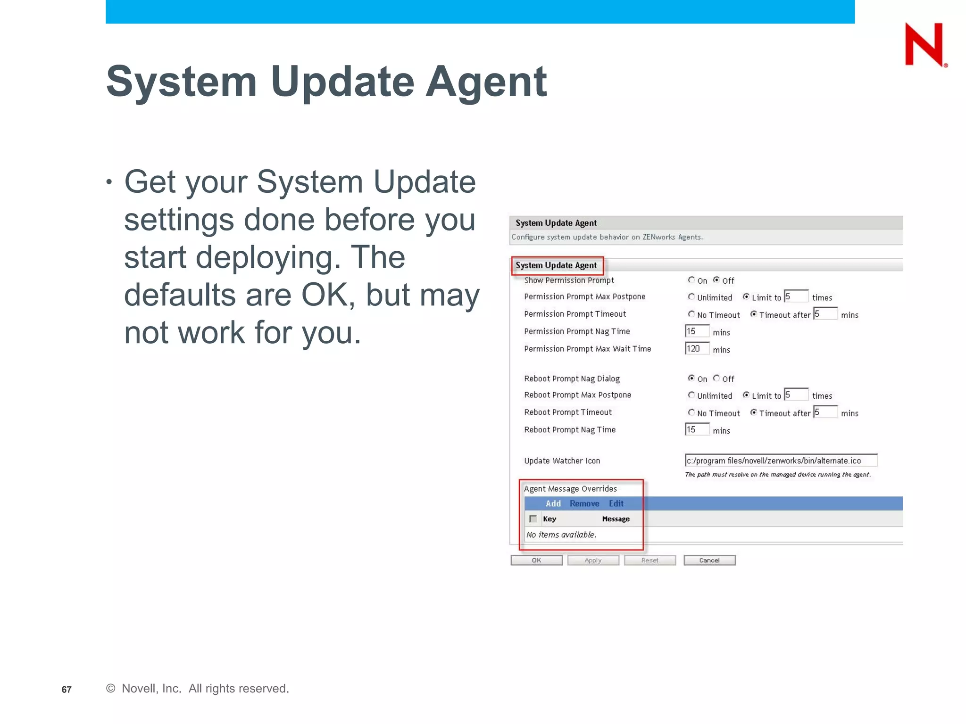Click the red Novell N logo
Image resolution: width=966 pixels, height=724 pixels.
point(924,44)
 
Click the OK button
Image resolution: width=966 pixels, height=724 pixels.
point(536,560)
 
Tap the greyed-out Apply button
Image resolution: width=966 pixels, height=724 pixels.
point(593,560)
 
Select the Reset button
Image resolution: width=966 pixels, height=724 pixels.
point(650,560)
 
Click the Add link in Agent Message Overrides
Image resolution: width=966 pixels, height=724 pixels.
point(553,503)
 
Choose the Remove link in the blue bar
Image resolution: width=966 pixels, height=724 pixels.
point(584,503)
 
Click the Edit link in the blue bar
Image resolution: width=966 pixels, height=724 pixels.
point(616,503)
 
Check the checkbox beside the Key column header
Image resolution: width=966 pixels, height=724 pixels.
point(533,519)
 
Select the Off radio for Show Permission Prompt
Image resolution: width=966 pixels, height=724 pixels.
point(716,280)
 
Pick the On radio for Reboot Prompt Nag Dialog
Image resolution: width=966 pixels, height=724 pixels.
point(691,378)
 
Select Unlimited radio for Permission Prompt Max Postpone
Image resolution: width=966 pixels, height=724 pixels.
point(691,297)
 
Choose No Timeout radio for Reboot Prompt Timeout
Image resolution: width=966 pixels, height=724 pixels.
point(691,412)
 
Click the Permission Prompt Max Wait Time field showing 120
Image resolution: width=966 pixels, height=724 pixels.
point(697,349)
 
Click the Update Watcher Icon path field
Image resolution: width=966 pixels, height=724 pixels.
point(781,461)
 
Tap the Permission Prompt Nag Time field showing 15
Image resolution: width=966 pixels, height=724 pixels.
point(697,331)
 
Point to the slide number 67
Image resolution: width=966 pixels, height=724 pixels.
point(67,690)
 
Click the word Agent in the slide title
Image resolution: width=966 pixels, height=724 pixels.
point(486,82)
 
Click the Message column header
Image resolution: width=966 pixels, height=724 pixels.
point(616,519)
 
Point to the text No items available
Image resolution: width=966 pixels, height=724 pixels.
point(561,535)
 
